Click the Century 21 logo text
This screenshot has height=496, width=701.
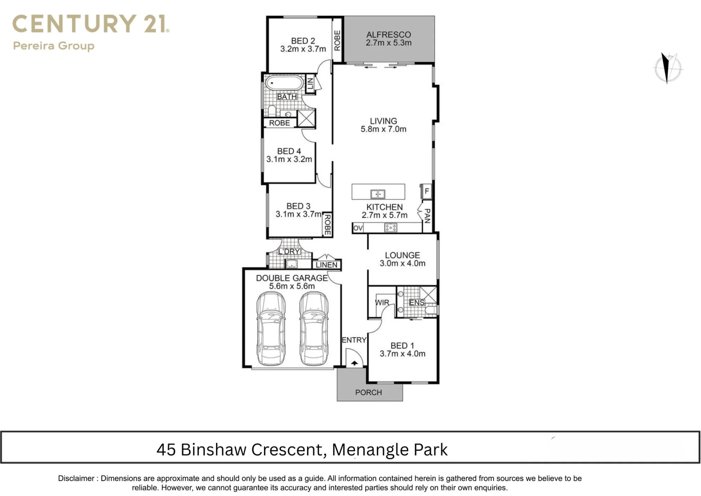91,24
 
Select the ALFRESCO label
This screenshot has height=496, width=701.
389,35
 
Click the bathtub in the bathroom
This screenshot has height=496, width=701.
284,83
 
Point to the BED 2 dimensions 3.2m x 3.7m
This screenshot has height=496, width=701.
303,49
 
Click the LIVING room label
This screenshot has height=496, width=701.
383,121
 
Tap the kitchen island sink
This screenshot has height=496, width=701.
378,194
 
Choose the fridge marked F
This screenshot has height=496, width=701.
426,191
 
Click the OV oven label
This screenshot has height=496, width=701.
358,228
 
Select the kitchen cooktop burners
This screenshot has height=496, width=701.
391,228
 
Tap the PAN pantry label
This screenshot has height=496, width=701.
427,216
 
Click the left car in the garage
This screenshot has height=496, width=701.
271,329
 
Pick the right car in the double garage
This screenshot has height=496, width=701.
314,329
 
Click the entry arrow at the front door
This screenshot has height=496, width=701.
354,363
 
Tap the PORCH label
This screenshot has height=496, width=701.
368,392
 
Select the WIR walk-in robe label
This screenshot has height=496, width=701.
382,303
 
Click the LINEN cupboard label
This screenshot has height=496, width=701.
326,265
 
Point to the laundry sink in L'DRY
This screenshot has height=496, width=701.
292,264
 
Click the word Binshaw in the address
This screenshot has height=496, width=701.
213,450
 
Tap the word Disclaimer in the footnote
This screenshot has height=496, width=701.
76,478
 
